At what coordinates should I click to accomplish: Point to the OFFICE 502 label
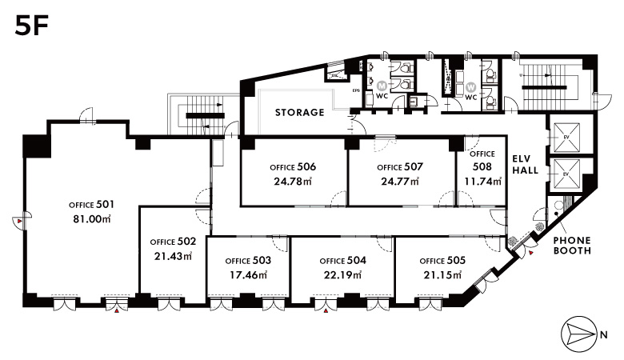pos(173,242)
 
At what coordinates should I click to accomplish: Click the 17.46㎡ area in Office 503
pos(248,274)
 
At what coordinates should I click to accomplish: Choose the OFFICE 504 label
pos(342,261)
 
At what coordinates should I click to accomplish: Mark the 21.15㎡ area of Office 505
pos(442,274)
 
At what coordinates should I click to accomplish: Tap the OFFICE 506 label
pos(293,167)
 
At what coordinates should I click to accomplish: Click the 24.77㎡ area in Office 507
pos(400,181)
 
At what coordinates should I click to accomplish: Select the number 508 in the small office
pos(482,167)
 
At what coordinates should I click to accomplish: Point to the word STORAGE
pos(300,113)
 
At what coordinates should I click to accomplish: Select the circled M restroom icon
pos(382,85)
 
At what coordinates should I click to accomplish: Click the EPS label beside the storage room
pos(357,90)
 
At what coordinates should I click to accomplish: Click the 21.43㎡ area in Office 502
pos(173,256)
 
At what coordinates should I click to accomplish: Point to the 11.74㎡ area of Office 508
pos(482,181)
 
